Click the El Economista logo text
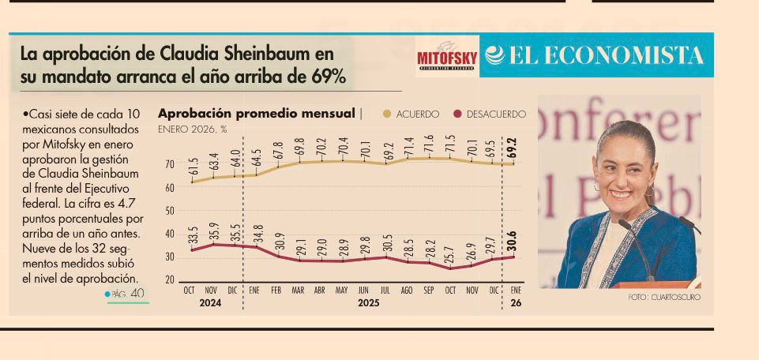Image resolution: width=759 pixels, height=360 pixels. tap(595, 55)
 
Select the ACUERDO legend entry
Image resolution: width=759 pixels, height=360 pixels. tap(411, 114)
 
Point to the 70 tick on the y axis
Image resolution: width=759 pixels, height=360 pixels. tap(169, 164)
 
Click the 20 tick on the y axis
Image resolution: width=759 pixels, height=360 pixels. tap(169, 280)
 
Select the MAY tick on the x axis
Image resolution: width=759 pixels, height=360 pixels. tap(341, 291)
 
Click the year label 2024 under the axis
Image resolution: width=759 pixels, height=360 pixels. tap(210, 302)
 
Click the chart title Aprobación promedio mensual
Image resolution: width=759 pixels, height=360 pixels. tap(257, 114)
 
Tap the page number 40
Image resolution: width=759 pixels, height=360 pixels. tap(137, 294)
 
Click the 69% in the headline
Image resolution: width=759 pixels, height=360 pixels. tap(327, 79)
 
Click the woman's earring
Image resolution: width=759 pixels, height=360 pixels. tap(649, 190)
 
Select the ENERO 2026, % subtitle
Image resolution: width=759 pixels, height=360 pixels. tap(193, 128)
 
